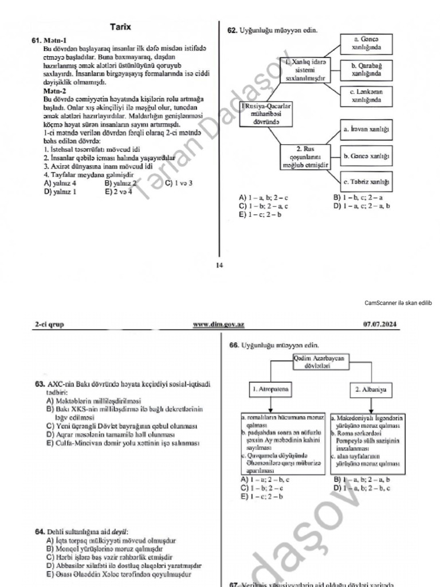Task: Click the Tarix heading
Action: pyautogui.click(x=121, y=27)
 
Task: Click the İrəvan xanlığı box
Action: pyautogui.click(x=367, y=129)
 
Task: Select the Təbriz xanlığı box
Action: pyautogui.click(x=367, y=182)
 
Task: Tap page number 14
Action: pyautogui.click(x=219, y=265)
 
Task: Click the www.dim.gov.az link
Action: pyautogui.click(x=219, y=324)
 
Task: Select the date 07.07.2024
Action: pyautogui.click(x=382, y=324)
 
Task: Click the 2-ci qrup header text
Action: pyautogui.click(x=49, y=324)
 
